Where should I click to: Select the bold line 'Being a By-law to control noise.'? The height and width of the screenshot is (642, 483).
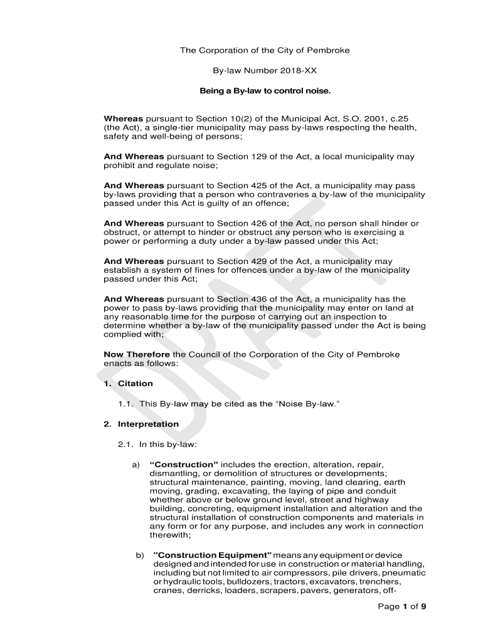[x=265, y=92]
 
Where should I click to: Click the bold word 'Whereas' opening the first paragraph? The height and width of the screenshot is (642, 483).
[x=124, y=119]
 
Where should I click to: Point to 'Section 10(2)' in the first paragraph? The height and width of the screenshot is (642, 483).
[x=223, y=119]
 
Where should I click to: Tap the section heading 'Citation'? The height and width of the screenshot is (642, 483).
[x=135, y=384]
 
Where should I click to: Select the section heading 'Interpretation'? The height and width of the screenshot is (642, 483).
[x=148, y=424]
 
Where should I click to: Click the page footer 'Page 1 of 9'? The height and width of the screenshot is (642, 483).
[x=402, y=606]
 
